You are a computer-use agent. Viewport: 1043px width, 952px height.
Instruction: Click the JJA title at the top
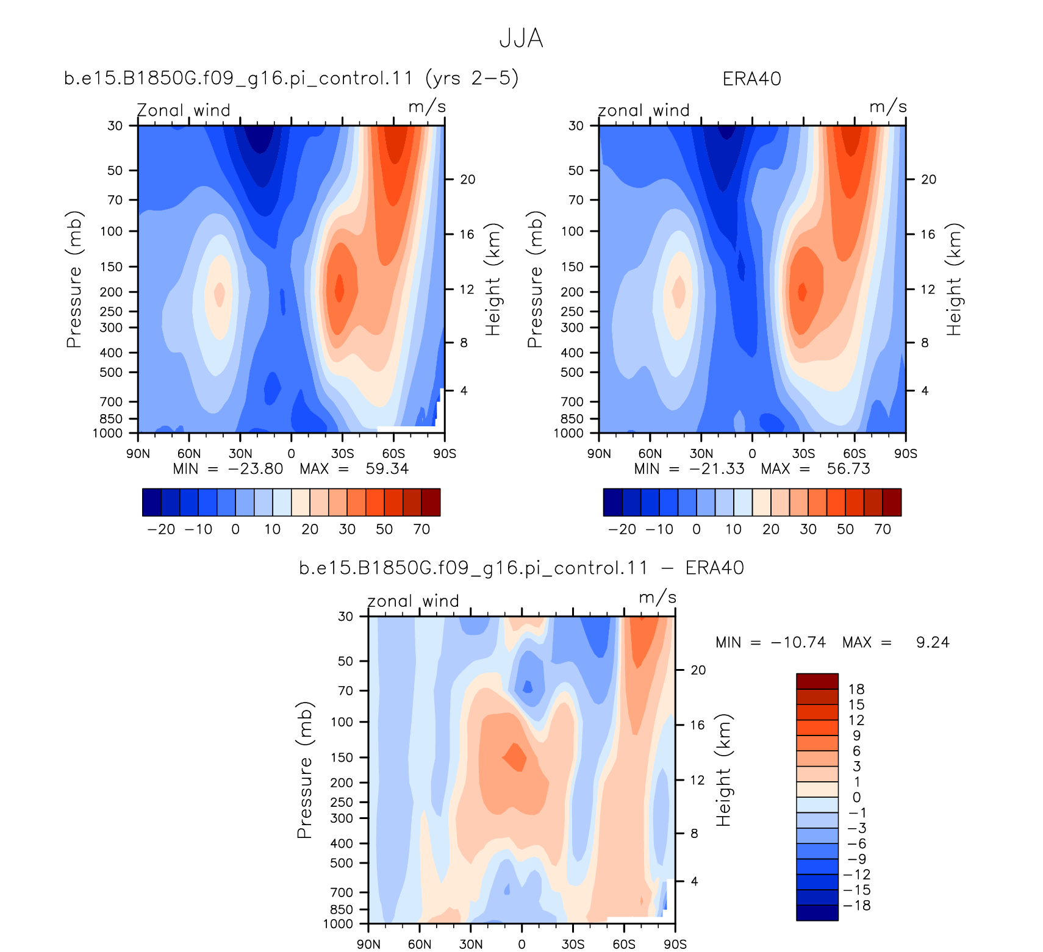521,38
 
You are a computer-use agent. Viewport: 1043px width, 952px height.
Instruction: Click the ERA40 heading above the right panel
751,79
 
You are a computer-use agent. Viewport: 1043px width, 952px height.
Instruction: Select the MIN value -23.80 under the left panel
256,469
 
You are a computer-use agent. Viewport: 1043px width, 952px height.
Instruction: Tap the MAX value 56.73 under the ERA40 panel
848,469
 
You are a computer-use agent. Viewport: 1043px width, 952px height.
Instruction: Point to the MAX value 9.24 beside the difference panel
933,642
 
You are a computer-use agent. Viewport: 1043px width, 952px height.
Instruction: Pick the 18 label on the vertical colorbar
856,689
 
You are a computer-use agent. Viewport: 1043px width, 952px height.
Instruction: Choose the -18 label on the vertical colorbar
856,906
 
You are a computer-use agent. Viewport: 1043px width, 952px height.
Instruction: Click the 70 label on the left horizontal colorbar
422,529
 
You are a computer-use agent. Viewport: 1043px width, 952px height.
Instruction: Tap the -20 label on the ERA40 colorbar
622,529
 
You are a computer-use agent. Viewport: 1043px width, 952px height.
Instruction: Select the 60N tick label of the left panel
189,454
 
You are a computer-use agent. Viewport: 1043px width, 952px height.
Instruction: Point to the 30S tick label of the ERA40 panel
803,454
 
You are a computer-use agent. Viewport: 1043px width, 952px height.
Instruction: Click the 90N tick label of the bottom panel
368,944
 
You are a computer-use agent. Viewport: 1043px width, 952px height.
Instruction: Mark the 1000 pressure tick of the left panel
107,434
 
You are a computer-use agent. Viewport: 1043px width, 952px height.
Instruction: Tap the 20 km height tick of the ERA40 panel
928,179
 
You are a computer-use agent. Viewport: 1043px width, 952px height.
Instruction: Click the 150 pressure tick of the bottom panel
342,757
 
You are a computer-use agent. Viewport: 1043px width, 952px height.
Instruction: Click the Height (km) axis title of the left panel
493,279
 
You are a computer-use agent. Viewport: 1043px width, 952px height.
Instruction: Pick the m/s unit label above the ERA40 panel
888,107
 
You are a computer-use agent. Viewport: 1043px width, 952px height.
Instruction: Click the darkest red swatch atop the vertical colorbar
817,681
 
